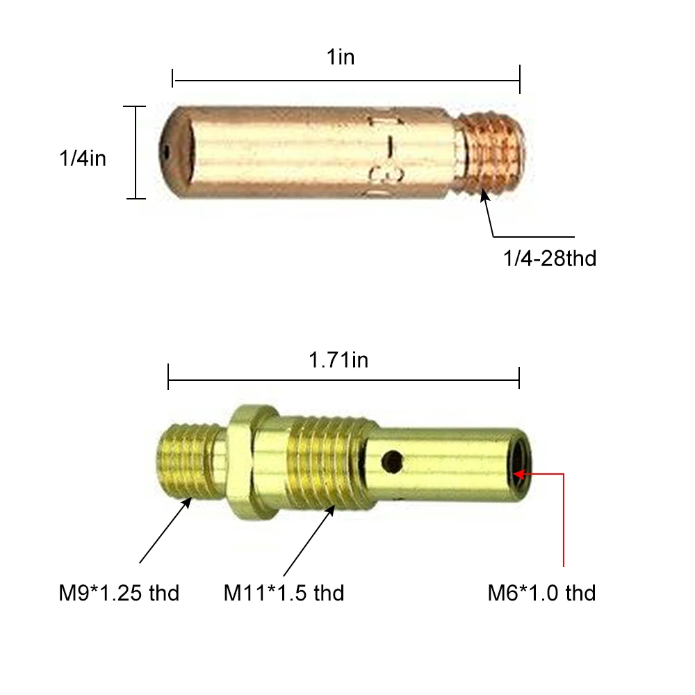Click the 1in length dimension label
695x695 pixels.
pos(341,57)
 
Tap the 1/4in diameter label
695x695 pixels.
pos(83,158)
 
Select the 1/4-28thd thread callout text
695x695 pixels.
pos(550,259)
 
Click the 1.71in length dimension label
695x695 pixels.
pos(338,360)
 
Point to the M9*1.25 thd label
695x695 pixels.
pos(119,593)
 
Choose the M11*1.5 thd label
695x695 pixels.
pos(284,593)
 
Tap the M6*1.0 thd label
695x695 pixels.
pos(541,593)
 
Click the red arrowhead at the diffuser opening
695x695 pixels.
pos(519,474)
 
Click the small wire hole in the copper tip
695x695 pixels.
pos(166,151)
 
